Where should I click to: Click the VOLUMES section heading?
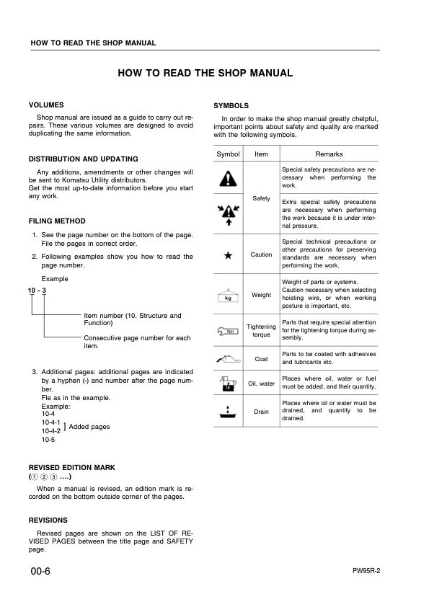(x=46, y=105)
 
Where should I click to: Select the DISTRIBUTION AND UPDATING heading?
(x=83, y=159)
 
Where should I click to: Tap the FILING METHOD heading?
(x=57, y=221)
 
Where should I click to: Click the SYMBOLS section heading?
(x=231, y=105)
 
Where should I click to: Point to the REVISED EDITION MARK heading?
(x=71, y=468)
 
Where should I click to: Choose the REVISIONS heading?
(x=48, y=520)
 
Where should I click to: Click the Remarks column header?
(x=329, y=154)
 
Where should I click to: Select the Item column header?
(x=261, y=154)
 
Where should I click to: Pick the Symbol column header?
(x=229, y=154)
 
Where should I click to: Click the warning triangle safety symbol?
(x=229, y=177)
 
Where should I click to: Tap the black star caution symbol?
(x=229, y=254)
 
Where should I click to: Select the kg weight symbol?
(x=229, y=295)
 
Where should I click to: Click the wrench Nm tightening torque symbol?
(x=229, y=331)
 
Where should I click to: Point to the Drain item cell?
(x=261, y=412)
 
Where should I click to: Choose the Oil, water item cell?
(x=261, y=384)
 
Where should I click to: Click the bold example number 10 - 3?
(x=37, y=290)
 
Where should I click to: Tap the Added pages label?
(x=89, y=427)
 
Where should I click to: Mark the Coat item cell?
(x=261, y=358)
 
